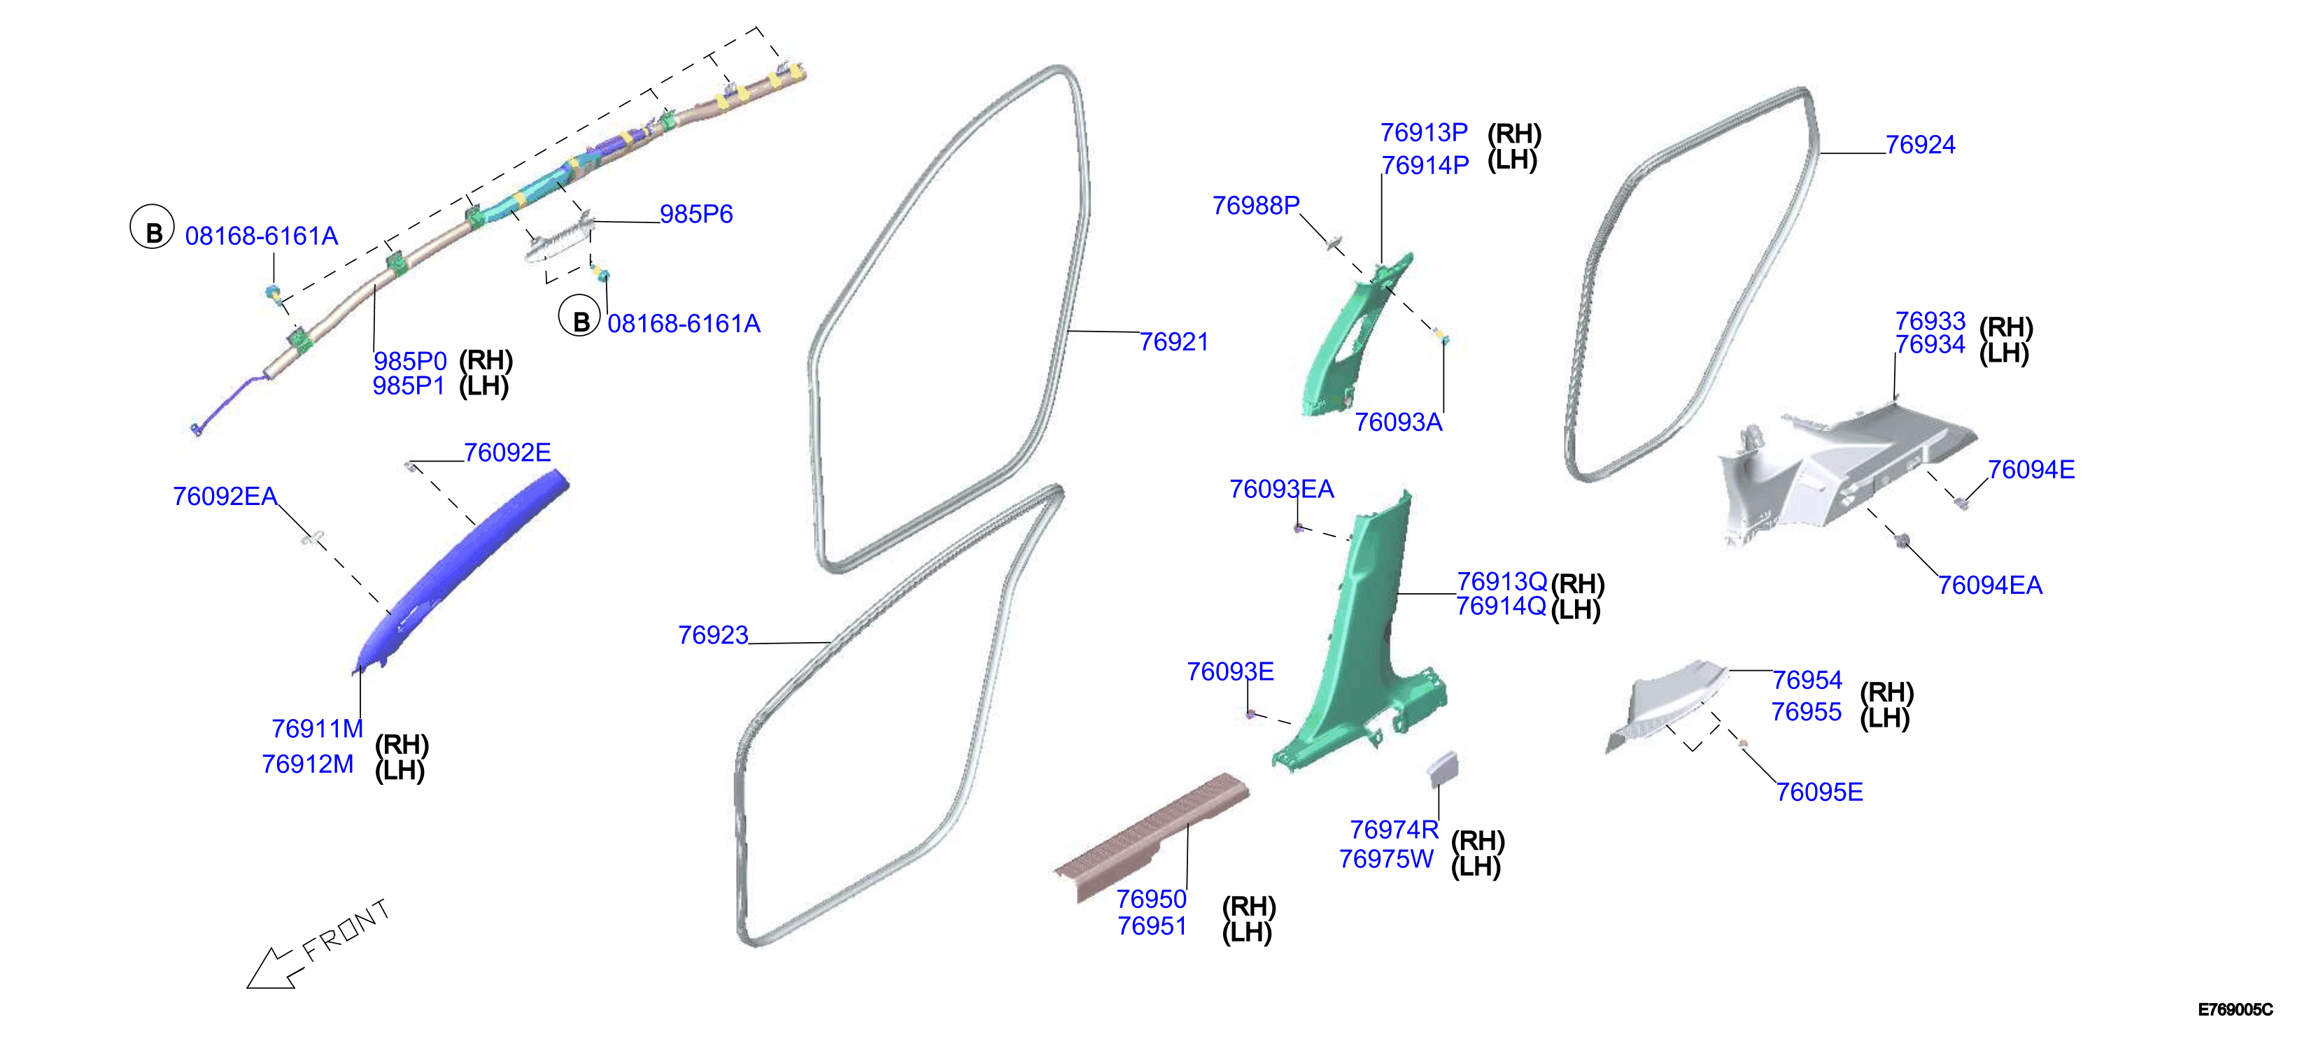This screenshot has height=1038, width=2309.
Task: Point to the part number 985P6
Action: tap(696, 214)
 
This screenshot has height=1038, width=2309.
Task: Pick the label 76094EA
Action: tap(1990, 585)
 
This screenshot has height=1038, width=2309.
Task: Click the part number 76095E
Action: tap(1820, 792)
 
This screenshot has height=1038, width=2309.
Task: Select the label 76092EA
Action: tap(225, 496)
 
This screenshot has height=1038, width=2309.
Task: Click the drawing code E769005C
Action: tap(2235, 1009)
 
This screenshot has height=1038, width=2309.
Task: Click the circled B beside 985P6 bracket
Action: tap(580, 318)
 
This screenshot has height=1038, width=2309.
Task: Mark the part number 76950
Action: tap(1151, 898)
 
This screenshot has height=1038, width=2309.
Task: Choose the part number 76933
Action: tap(1930, 321)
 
